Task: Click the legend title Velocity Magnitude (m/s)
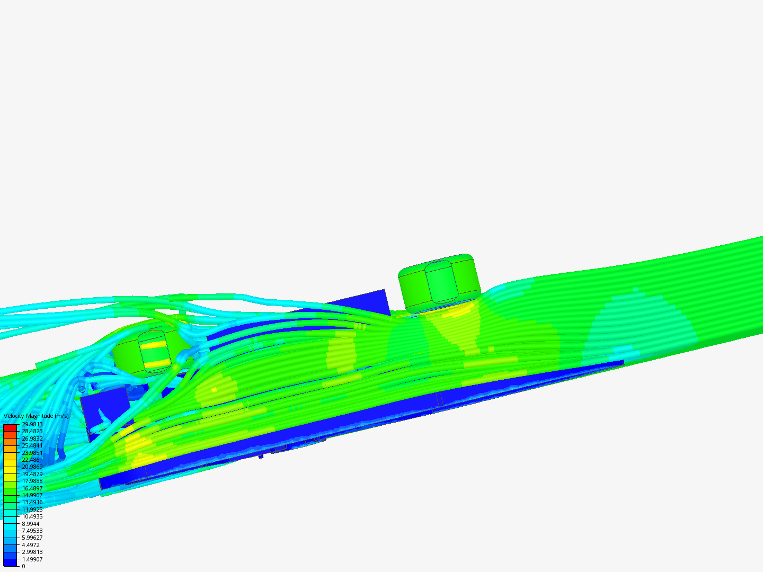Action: pos(36,416)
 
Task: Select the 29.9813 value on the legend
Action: pos(32,424)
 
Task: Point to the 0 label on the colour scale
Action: pos(23,567)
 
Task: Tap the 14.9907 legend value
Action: pos(32,495)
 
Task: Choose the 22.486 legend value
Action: pos(31,460)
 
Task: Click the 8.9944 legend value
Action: pos(31,524)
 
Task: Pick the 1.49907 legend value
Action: pos(32,559)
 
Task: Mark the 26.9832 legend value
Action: pos(32,439)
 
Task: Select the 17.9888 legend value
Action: pos(32,481)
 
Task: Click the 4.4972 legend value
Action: pos(31,546)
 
